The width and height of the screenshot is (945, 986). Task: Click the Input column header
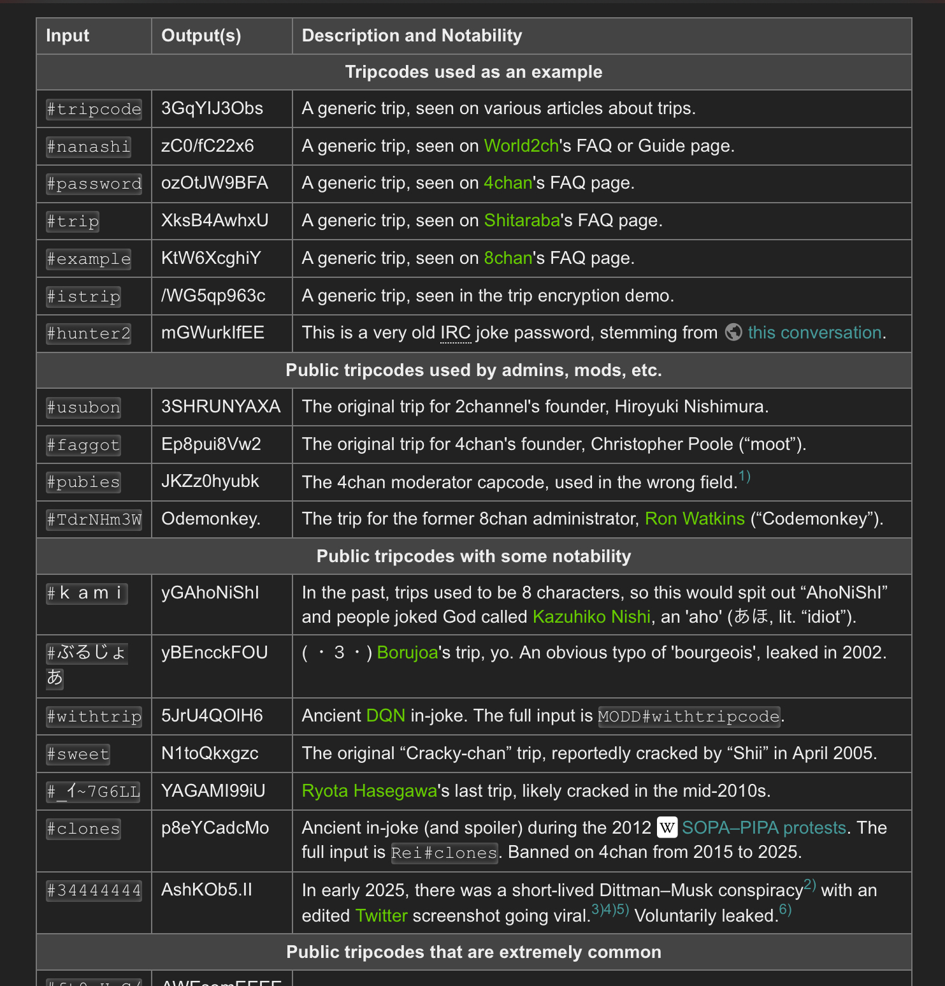pyautogui.click(x=68, y=36)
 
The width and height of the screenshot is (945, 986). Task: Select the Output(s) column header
pyautogui.click(x=201, y=36)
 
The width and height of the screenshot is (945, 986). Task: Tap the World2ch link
pyautogui.click(x=521, y=146)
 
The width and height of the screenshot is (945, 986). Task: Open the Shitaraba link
pyautogui.click(x=521, y=221)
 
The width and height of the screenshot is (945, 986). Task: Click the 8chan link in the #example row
pyautogui.click(x=507, y=258)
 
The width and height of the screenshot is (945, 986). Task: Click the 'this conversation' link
pyautogui.click(x=814, y=333)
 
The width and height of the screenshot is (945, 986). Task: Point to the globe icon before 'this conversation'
pyautogui.click(x=733, y=333)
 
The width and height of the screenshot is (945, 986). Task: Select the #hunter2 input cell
pyautogui.click(x=89, y=333)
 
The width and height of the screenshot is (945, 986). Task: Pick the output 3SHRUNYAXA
pyautogui.click(x=220, y=407)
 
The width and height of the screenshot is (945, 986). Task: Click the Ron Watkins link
pyautogui.click(x=694, y=519)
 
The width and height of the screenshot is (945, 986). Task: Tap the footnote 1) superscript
pyautogui.click(x=744, y=477)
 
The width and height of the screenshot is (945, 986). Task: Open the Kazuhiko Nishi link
pyautogui.click(x=591, y=617)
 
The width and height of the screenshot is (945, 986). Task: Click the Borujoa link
pyautogui.click(x=407, y=653)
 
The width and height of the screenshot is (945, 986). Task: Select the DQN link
pyautogui.click(x=386, y=716)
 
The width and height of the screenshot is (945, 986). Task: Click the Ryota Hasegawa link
pyautogui.click(x=369, y=791)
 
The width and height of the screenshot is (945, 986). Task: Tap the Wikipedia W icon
pyautogui.click(x=667, y=828)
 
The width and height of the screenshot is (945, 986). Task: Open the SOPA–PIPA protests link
pyautogui.click(x=763, y=828)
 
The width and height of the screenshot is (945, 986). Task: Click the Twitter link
pyautogui.click(x=381, y=916)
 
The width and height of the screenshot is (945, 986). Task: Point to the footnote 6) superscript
pyautogui.click(x=785, y=910)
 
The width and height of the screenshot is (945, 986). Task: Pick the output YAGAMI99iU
pyautogui.click(x=213, y=791)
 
